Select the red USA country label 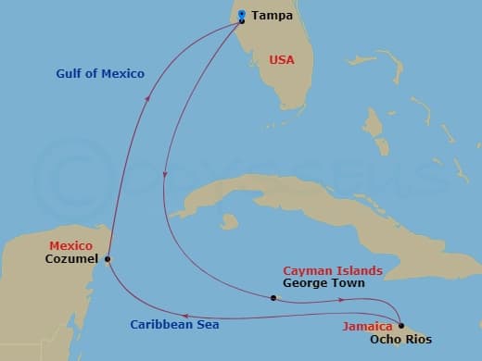282,59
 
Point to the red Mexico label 71,245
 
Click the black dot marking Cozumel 108,259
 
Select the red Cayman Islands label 332,270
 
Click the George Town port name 323,283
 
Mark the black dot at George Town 273,298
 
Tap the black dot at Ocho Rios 400,326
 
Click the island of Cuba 278,204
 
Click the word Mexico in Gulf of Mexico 125,73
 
